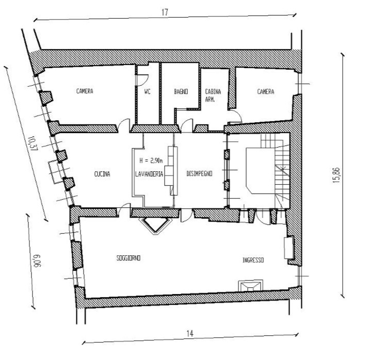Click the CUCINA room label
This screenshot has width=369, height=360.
pos(102,174)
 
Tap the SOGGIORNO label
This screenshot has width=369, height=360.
pos(129,258)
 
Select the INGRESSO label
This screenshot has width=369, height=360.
pos(253,260)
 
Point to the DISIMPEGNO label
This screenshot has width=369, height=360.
pos(199,173)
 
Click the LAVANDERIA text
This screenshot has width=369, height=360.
pos(149,174)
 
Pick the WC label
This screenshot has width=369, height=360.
pos(147,91)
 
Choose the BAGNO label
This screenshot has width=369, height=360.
pos(181,91)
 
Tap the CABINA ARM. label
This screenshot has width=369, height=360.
pos(213,95)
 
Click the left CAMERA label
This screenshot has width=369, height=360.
pos(85,91)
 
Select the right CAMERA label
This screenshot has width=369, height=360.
pos(266,91)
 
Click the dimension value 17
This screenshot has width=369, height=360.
pos(165,12)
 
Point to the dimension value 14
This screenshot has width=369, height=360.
pos(190,333)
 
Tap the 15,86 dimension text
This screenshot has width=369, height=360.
pos(337,175)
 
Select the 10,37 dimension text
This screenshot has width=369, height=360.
pos(32,143)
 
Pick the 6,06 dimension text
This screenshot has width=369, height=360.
pos(37,261)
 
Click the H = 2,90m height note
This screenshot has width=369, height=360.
pos(151,161)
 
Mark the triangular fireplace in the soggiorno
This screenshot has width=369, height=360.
pos(155,225)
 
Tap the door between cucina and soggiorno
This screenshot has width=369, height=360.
pos(123,210)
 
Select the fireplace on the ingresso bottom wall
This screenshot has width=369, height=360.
pos(251,286)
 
